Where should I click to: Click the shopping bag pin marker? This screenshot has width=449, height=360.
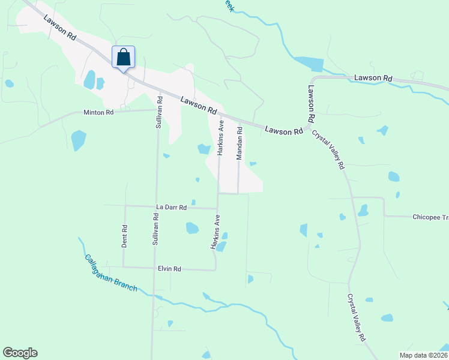click(x=123, y=58)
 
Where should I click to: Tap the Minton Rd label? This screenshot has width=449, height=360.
click(x=98, y=112)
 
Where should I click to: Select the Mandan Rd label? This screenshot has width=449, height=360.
click(x=239, y=143)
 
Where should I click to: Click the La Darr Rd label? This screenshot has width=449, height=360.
click(x=172, y=207)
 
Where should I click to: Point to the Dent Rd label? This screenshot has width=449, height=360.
click(x=125, y=236)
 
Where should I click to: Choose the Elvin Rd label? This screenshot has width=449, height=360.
click(x=169, y=269)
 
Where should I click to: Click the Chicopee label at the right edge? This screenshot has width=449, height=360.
click(x=430, y=217)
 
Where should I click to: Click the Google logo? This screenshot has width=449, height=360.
click(x=20, y=353)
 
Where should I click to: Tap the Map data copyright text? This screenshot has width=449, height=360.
click(x=423, y=355)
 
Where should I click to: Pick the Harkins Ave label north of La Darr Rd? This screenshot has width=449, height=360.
click(x=220, y=139)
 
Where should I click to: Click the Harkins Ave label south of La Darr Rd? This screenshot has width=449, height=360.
click(x=213, y=235)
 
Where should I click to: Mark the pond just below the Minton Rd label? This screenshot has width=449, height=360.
click(x=78, y=140)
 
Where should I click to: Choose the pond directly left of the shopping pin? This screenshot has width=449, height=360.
click(x=90, y=79)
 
